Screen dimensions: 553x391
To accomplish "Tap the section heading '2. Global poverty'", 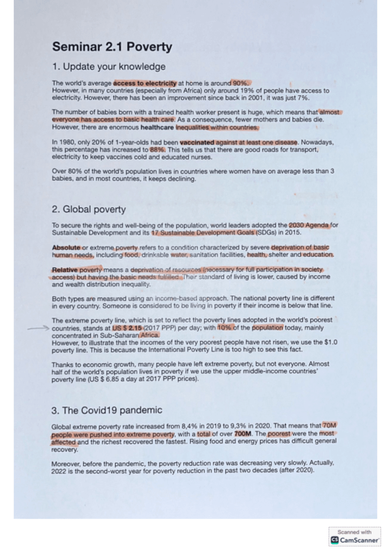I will tap(89, 210).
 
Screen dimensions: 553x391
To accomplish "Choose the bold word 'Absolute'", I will tap(67, 248).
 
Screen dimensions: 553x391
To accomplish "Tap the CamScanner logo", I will tap(355, 539).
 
